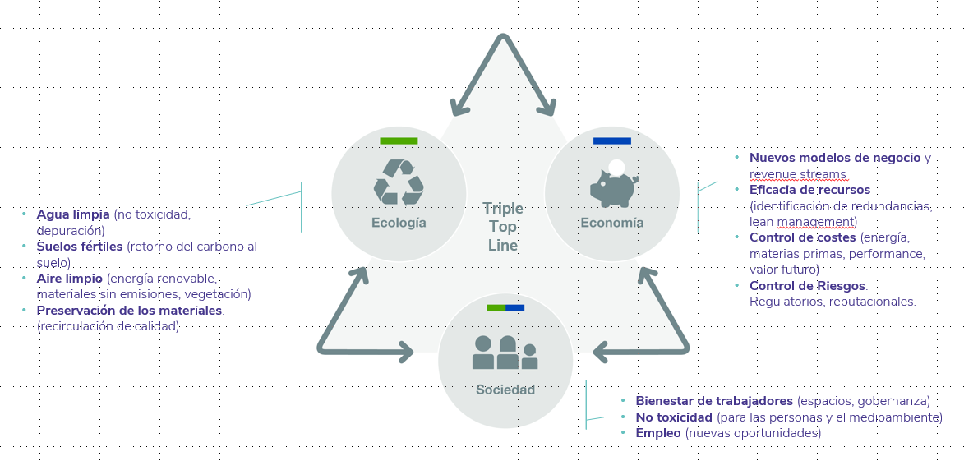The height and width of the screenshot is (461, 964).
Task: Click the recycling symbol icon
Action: tap(399, 182)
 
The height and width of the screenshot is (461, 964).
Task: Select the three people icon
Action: tap(505, 353)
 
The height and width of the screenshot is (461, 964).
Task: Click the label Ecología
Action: tap(399, 223)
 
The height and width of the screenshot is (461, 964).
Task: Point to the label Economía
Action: tap(612, 223)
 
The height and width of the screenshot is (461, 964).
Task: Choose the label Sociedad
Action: tap(505, 390)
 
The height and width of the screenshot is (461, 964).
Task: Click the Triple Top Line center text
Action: tap(502, 226)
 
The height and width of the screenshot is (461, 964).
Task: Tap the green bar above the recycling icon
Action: tap(399, 141)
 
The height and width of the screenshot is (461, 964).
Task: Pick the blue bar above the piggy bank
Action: tap(612, 141)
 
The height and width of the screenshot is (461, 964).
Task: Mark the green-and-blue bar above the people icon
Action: tap(505, 308)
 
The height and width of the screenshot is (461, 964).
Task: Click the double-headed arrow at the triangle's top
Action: tap(501, 74)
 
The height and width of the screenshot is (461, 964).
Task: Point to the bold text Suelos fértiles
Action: tap(80, 247)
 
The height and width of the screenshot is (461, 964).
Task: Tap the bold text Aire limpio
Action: tap(70, 279)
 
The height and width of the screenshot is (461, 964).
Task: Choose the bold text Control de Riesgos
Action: tap(808, 286)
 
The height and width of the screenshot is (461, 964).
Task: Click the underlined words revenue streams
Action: tap(797, 173)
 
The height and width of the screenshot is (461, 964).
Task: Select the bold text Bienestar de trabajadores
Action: tap(714, 401)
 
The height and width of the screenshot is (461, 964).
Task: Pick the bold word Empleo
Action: tap(657, 432)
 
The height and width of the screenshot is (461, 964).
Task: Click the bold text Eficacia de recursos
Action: tap(809, 190)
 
